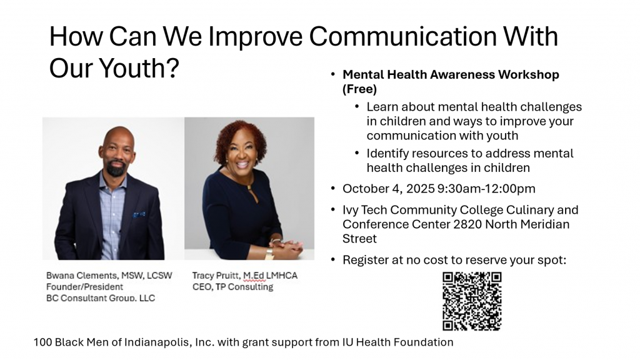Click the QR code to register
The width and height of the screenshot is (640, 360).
[472, 301]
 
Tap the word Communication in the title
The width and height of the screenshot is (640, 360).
[403, 36]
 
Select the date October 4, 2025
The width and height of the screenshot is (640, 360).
[389, 189]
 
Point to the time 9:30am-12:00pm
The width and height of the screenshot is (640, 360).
[486, 189]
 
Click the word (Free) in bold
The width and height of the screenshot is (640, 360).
[359, 89]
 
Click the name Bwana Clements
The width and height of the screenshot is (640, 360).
[82, 276]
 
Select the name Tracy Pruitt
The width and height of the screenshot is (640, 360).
[216, 276]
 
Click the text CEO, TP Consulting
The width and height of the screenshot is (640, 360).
[232, 287]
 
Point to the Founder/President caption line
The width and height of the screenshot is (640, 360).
[84, 286]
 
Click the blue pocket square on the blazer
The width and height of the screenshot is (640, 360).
[139, 214]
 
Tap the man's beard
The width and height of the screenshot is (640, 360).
[116, 167]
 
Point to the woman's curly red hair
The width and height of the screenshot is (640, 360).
[240, 137]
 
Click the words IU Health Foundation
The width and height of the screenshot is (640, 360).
[398, 342]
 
